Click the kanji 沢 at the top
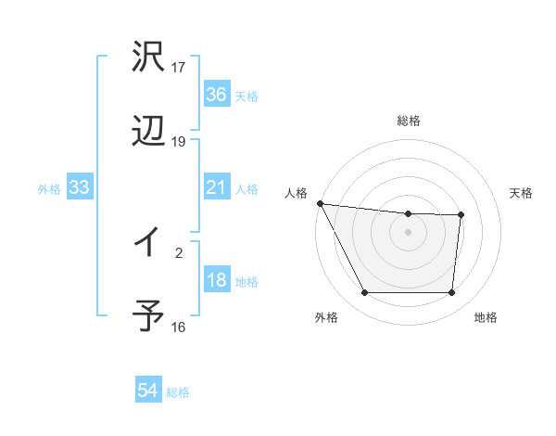tap(148, 57)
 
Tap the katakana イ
tap(148, 242)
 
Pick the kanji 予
tap(148, 316)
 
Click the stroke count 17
tap(179, 68)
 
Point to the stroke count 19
tap(179, 142)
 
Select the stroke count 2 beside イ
tap(179, 250)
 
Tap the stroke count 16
tap(179, 327)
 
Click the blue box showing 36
tap(216, 95)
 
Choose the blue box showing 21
tap(216, 187)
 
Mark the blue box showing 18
tap(216, 280)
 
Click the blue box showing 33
tap(80, 187)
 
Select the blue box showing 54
tap(148, 391)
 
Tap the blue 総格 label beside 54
tap(178, 392)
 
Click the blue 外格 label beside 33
tap(49, 189)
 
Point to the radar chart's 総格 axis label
tap(409, 121)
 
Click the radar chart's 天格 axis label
tap(522, 193)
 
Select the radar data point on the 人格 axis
tap(320, 203)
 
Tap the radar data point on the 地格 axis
tap(451, 293)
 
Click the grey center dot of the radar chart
tap(409, 232)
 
